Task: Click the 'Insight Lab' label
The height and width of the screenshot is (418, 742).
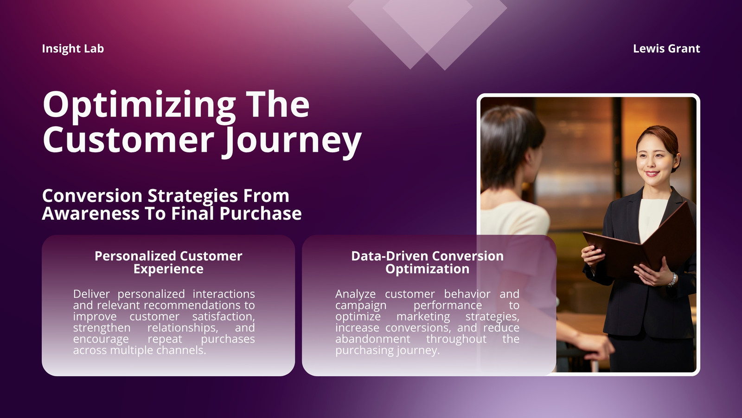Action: [x=73, y=49]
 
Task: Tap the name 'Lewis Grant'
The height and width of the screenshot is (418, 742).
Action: [x=666, y=49]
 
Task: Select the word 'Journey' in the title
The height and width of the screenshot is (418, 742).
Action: [x=292, y=141]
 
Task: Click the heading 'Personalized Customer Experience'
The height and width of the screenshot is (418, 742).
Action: [x=168, y=262]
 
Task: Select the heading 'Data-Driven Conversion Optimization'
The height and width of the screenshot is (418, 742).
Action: [x=427, y=262]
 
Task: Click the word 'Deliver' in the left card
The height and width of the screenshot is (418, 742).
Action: [x=91, y=294]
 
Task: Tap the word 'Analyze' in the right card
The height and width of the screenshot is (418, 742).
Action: [x=355, y=294]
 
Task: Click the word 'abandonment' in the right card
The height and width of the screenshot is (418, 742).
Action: [x=373, y=339]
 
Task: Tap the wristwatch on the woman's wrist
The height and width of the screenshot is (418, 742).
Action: [x=672, y=280]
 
